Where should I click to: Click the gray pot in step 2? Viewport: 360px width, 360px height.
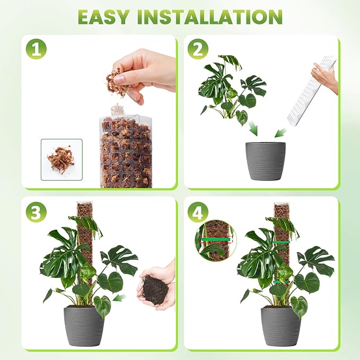click(266, 160)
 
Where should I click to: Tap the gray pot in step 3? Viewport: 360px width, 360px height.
click(84, 326)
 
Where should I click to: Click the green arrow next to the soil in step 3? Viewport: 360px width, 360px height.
click(120, 297)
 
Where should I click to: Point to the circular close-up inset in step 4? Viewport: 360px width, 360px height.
click(215, 241)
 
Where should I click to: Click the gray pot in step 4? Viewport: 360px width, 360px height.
click(281, 326)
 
